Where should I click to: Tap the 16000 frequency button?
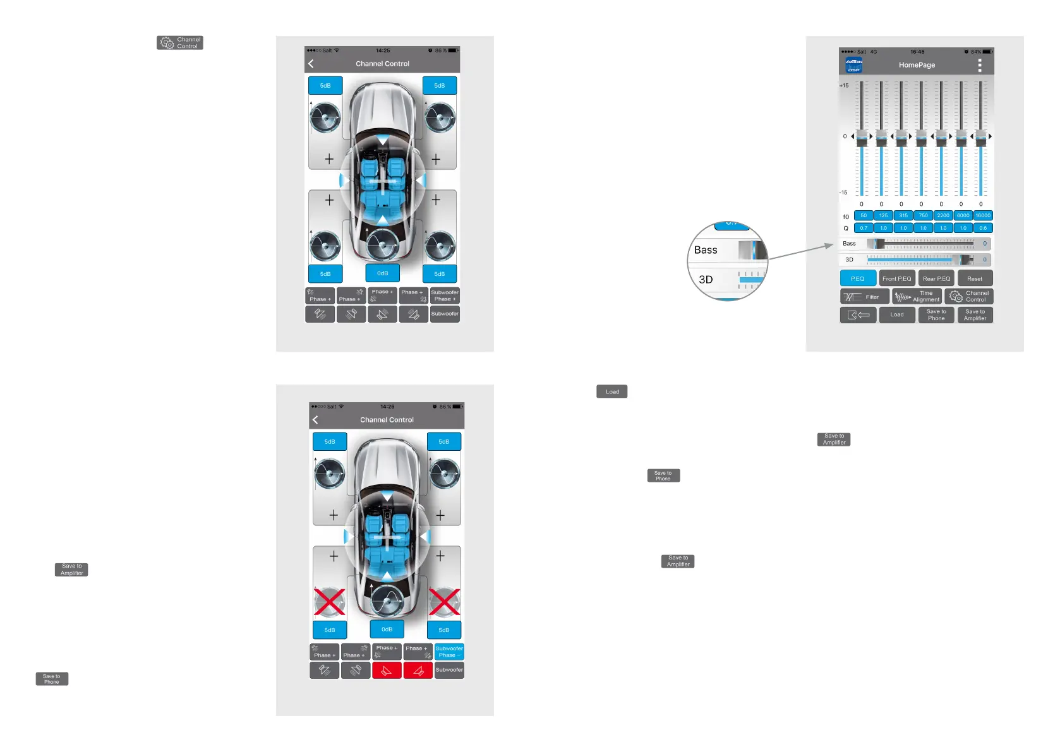(983, 215)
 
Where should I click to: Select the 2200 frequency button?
(943, 215)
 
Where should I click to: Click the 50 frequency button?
(864, 215)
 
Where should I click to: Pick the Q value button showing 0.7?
(864, 228)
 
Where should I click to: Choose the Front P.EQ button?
(896, 278)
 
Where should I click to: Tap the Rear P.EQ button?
(936, 278)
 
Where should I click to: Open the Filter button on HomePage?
(864, 297)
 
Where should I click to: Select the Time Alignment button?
(917, 297)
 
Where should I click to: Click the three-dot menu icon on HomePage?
(980, 65)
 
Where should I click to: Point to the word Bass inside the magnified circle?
(706, 250)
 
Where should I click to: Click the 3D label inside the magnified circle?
(706, 280)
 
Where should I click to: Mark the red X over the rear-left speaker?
(330, 602)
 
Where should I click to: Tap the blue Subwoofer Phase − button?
(449, 652)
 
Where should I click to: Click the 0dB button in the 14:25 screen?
(382, 273)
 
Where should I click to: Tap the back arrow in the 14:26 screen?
(315, 420)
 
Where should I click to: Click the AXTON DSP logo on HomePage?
(854, 65)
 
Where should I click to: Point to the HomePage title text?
(917, 65)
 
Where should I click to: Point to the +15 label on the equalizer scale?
(844, 85)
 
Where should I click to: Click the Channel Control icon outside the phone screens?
(180, 43)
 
